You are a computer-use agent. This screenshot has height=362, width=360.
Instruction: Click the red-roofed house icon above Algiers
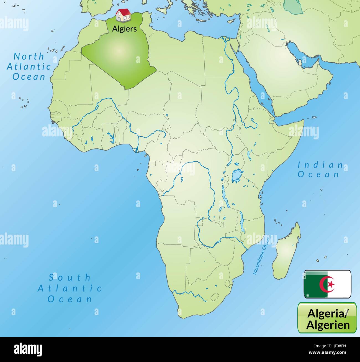click(123, 15)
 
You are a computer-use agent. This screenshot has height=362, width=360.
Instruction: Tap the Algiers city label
click(124, 29)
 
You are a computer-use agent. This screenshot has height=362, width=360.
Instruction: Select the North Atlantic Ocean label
click(29, 67)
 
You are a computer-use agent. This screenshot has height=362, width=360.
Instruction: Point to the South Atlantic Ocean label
click(70, 288)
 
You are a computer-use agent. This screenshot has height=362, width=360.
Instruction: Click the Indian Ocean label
click(320, 170)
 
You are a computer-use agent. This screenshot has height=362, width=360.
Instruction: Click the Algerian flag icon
click(328, 284)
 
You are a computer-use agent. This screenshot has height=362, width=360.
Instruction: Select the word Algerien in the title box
click(328, 324)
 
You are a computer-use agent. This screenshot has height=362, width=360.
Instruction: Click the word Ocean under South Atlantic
click(70, 299)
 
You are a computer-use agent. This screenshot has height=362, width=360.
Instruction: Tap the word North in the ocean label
click(29, 57)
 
